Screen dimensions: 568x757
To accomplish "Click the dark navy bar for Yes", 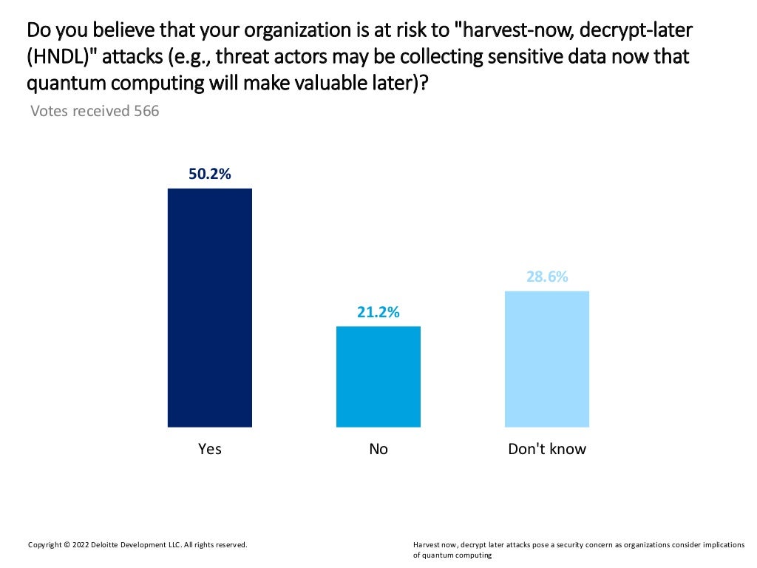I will click(210, 308).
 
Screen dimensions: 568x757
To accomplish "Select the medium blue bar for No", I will click(378, 376).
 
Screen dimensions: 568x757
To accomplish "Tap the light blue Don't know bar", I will click(547, 359).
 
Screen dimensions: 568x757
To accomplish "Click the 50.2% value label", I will click(210, 175).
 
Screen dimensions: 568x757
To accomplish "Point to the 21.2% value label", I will click(378, 312).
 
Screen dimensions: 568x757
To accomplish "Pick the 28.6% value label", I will click(547, 277).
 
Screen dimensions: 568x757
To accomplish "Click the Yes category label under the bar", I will click(210, 449).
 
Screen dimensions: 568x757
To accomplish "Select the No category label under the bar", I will click(378, 449).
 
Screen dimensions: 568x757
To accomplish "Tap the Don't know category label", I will click(547, 449).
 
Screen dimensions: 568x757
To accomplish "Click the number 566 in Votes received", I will click(146, 112).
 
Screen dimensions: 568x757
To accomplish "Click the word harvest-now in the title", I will click(518, 31).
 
